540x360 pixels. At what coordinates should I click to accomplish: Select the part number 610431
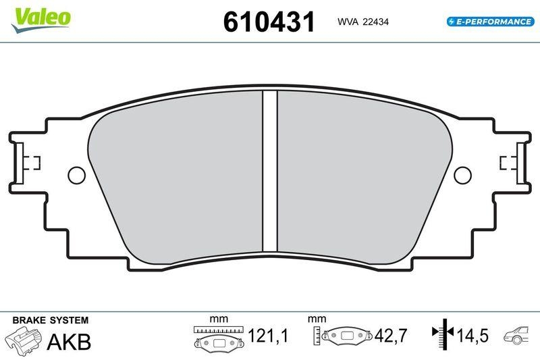point(269,22)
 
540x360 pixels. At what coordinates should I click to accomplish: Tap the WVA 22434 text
point(362,22)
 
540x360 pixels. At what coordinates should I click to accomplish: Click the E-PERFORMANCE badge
point(489,22)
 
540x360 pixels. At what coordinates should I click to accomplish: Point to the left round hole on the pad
point(77,176)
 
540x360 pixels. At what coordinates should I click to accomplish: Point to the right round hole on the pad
point(462,176)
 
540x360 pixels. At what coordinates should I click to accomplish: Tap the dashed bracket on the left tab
point(32,163)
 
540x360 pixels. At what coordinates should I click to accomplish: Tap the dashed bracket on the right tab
point(507,163)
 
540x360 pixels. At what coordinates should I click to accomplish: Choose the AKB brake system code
point(69,342)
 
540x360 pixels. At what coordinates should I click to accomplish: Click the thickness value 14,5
point(473,336)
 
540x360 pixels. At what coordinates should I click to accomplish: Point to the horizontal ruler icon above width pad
point(219,330)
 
